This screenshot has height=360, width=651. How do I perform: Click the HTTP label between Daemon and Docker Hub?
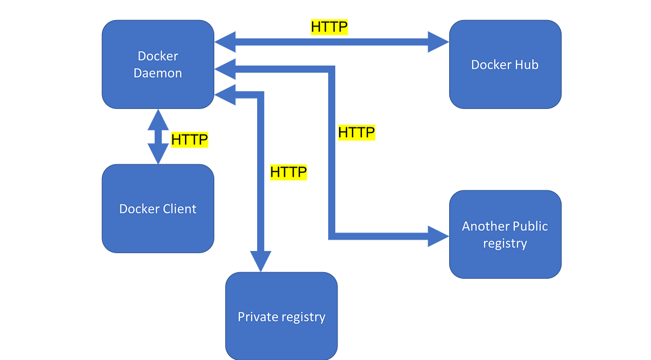(x=329, y=27)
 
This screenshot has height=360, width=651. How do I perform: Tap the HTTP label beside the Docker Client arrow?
(x=189, y=140)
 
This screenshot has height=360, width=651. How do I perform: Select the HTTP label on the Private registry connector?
(x=289, y=172)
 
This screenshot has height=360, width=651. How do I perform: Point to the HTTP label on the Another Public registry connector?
(x=356, y=132)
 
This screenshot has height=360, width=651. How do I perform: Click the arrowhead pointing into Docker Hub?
(x=437, y=42)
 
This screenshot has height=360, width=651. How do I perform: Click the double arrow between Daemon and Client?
(x=158, y=137)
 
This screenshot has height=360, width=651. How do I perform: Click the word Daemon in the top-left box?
(x=158, y=73)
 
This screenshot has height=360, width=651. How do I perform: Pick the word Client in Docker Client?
(x=178, y=209)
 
